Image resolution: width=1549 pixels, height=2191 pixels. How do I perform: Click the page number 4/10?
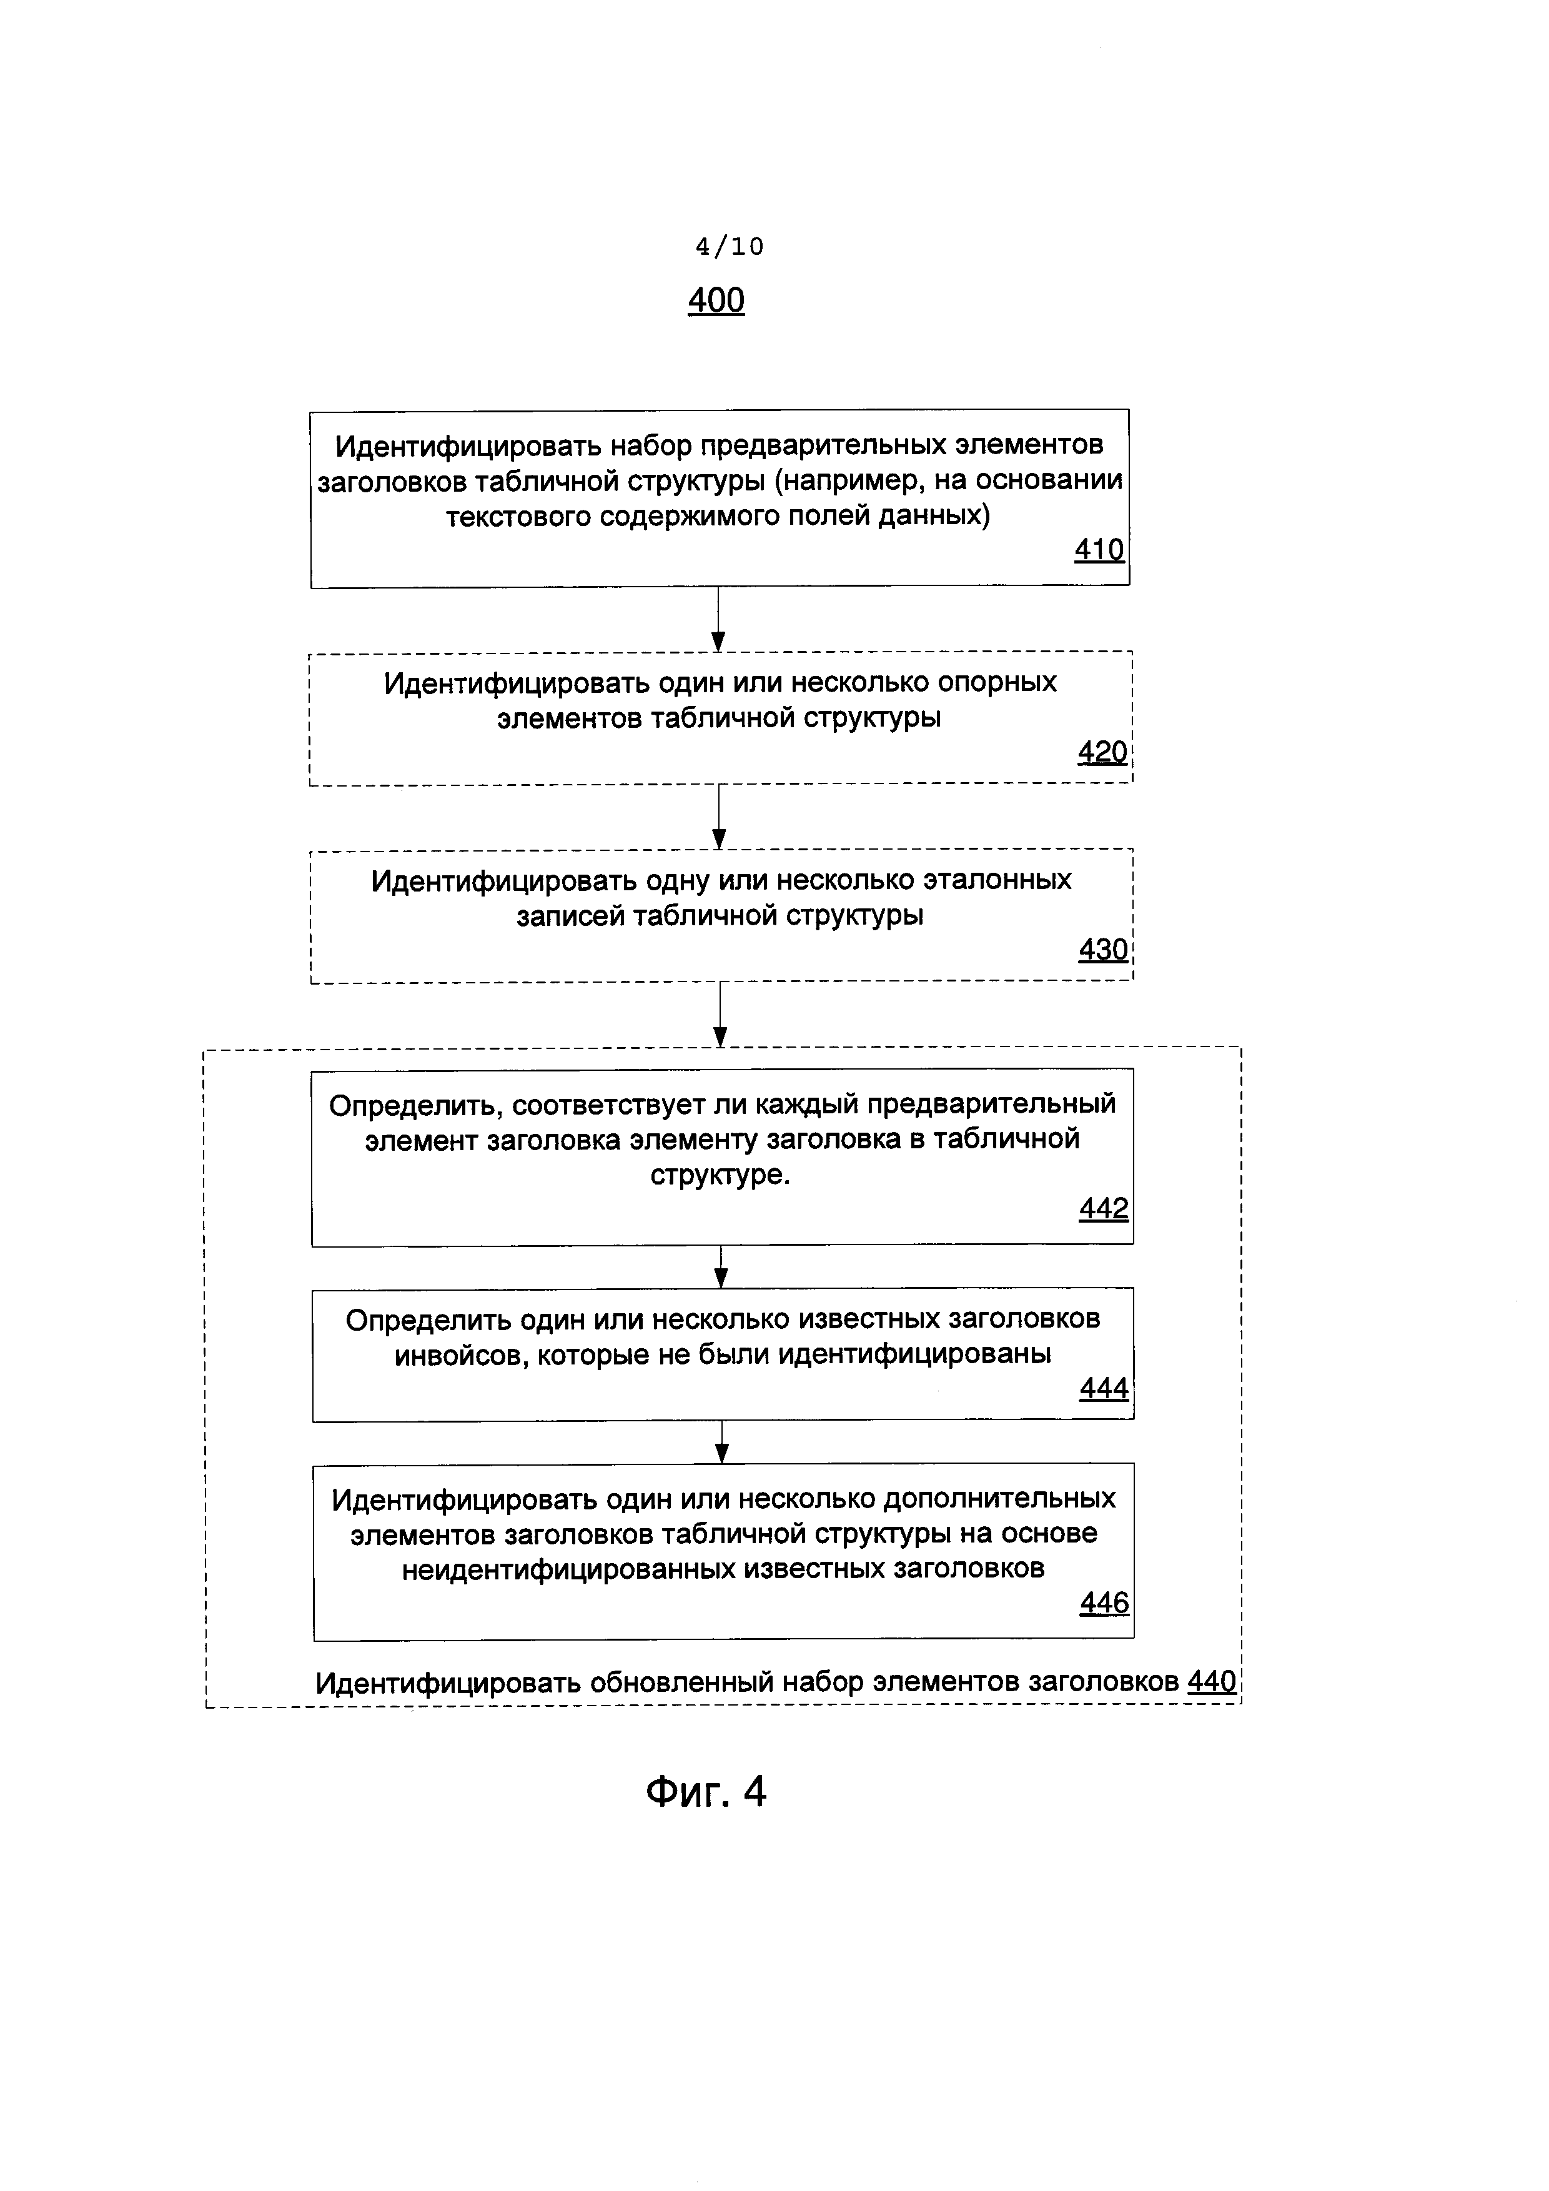click(729, 247)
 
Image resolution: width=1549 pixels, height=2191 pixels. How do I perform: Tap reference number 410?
click(1099, 550)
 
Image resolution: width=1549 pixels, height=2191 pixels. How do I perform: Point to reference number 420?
click(1102, 753)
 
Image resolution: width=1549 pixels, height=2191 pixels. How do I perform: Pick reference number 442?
click(1104, 1209)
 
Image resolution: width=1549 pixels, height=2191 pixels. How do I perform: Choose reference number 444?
click(1104, 1388)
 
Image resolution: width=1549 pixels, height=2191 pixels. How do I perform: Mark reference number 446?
click(1104, 1603)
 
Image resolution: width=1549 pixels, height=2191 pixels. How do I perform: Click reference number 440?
click(1211, 1681)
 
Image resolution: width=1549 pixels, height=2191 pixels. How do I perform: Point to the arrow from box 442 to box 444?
click(722, 1266)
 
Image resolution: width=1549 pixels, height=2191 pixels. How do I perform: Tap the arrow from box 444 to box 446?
click(722, 1442)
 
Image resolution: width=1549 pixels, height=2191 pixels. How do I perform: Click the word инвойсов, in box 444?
click(462, 1354)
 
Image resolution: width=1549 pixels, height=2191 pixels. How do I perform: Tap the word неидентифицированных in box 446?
click(568, 1569)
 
